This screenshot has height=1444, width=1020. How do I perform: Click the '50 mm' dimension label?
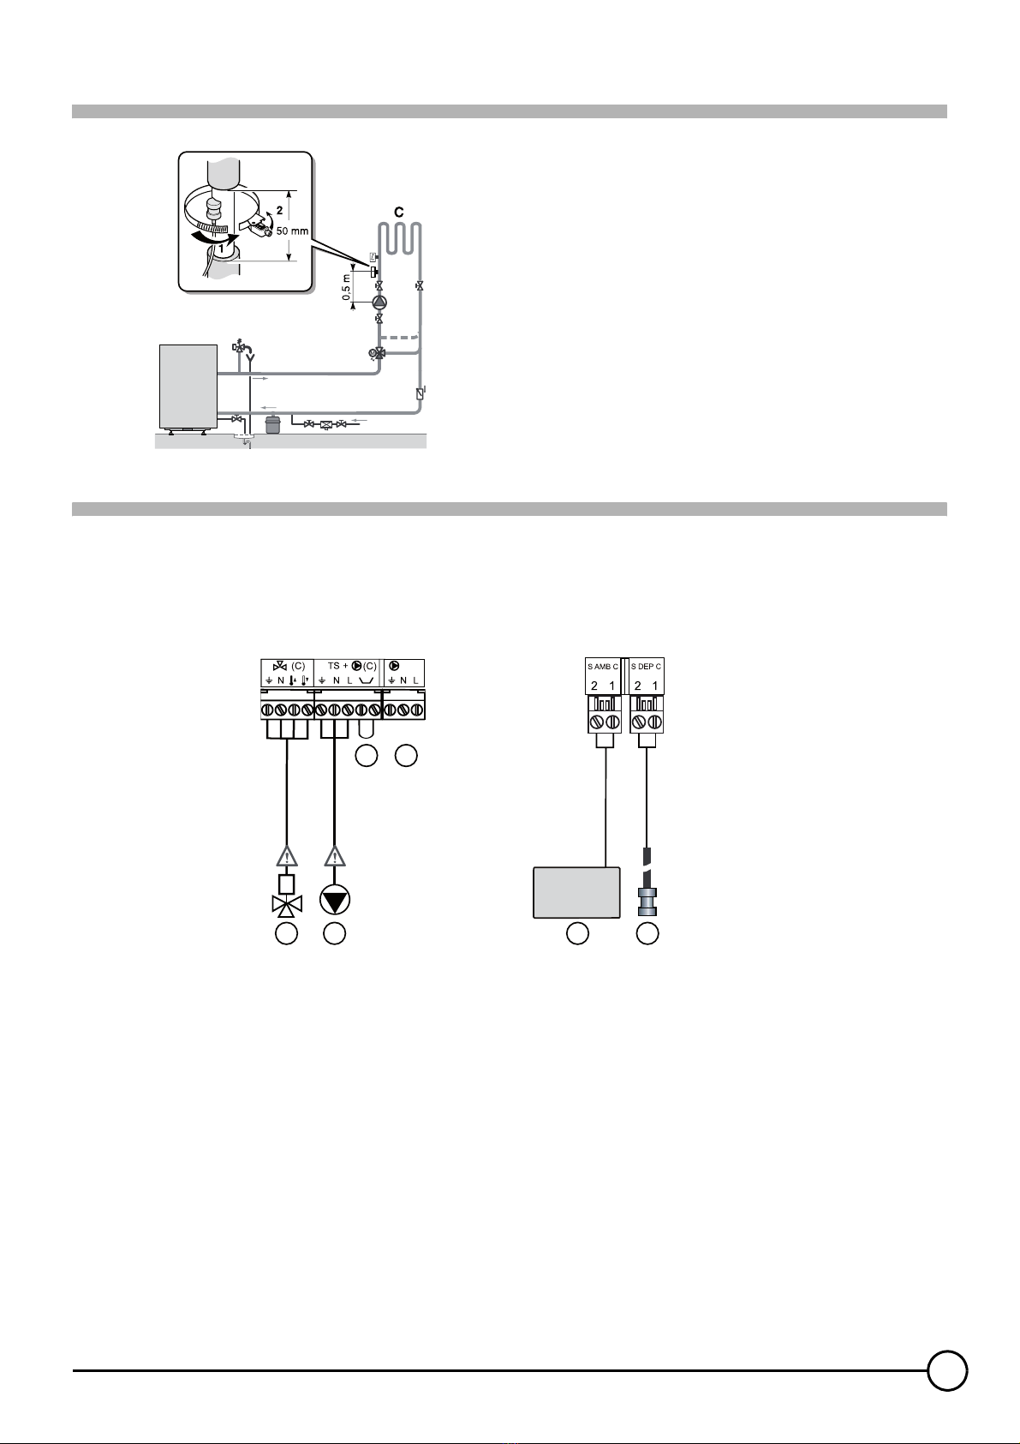tap(292, 231)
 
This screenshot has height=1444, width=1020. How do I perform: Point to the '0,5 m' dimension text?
tap(347, 287)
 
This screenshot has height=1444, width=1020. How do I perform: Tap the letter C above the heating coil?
tap(399, 212)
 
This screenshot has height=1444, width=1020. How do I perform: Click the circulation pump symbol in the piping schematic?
tap(379, 302)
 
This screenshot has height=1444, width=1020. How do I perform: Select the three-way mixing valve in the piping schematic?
tap(377, 352)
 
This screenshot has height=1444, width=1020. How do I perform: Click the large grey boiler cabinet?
tap(188, 386)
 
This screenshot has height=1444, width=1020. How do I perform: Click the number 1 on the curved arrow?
tap(220, 246)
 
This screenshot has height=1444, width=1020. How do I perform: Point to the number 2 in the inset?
tap(279, 210)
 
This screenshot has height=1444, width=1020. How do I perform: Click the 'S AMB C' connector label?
tap(602, 667)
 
